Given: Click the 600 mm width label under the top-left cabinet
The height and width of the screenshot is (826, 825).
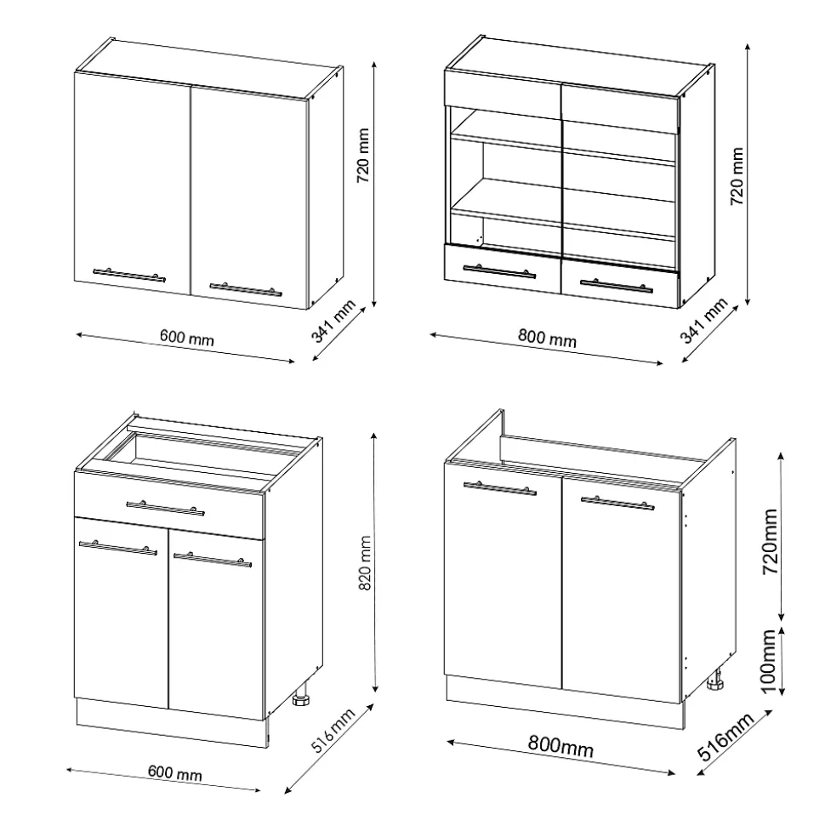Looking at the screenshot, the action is (x=187, y=337).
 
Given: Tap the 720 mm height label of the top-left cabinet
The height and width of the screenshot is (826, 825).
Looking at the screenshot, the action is (x=363, y=156).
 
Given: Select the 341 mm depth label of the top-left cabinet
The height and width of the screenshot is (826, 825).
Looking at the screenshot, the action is (x=334, y=321).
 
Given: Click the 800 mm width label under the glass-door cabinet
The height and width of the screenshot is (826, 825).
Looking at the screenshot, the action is (x=548, y=337).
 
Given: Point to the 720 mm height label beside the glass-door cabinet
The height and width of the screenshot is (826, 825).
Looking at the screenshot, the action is (x=737, y=176).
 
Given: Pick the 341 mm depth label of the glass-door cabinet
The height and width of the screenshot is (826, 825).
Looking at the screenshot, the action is (x=704, y=321).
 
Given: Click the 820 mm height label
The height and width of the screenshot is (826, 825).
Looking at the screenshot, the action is (x=365, y=562).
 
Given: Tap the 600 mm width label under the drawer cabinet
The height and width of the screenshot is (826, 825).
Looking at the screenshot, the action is (x=175, y=772).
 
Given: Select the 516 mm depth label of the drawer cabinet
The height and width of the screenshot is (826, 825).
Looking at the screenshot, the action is (x=333, y=731).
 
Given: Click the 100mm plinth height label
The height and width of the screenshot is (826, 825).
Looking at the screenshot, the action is (x=770, y=662).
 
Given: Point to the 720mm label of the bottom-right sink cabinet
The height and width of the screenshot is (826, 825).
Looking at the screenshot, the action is (x=770, y=541).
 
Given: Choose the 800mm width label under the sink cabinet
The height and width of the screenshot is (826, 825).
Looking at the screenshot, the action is (x=560, y=746).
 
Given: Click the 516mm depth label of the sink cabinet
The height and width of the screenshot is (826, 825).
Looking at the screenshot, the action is (x=726, y=738).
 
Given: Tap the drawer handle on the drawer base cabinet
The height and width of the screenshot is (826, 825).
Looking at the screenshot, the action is (x=165, y=508).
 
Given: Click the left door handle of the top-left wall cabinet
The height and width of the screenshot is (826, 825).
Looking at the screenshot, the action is (x=129, y=275).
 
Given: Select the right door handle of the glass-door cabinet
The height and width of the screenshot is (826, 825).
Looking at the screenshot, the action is (x=617, y=285).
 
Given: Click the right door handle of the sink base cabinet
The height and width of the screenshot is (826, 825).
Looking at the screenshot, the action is (x=617, y=503).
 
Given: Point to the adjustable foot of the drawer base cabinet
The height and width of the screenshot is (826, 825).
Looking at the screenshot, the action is (x=301, y=696).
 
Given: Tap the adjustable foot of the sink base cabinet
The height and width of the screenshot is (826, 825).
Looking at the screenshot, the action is (x=715, y=679).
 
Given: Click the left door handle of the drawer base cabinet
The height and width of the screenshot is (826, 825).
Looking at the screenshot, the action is (x=118, y=548).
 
